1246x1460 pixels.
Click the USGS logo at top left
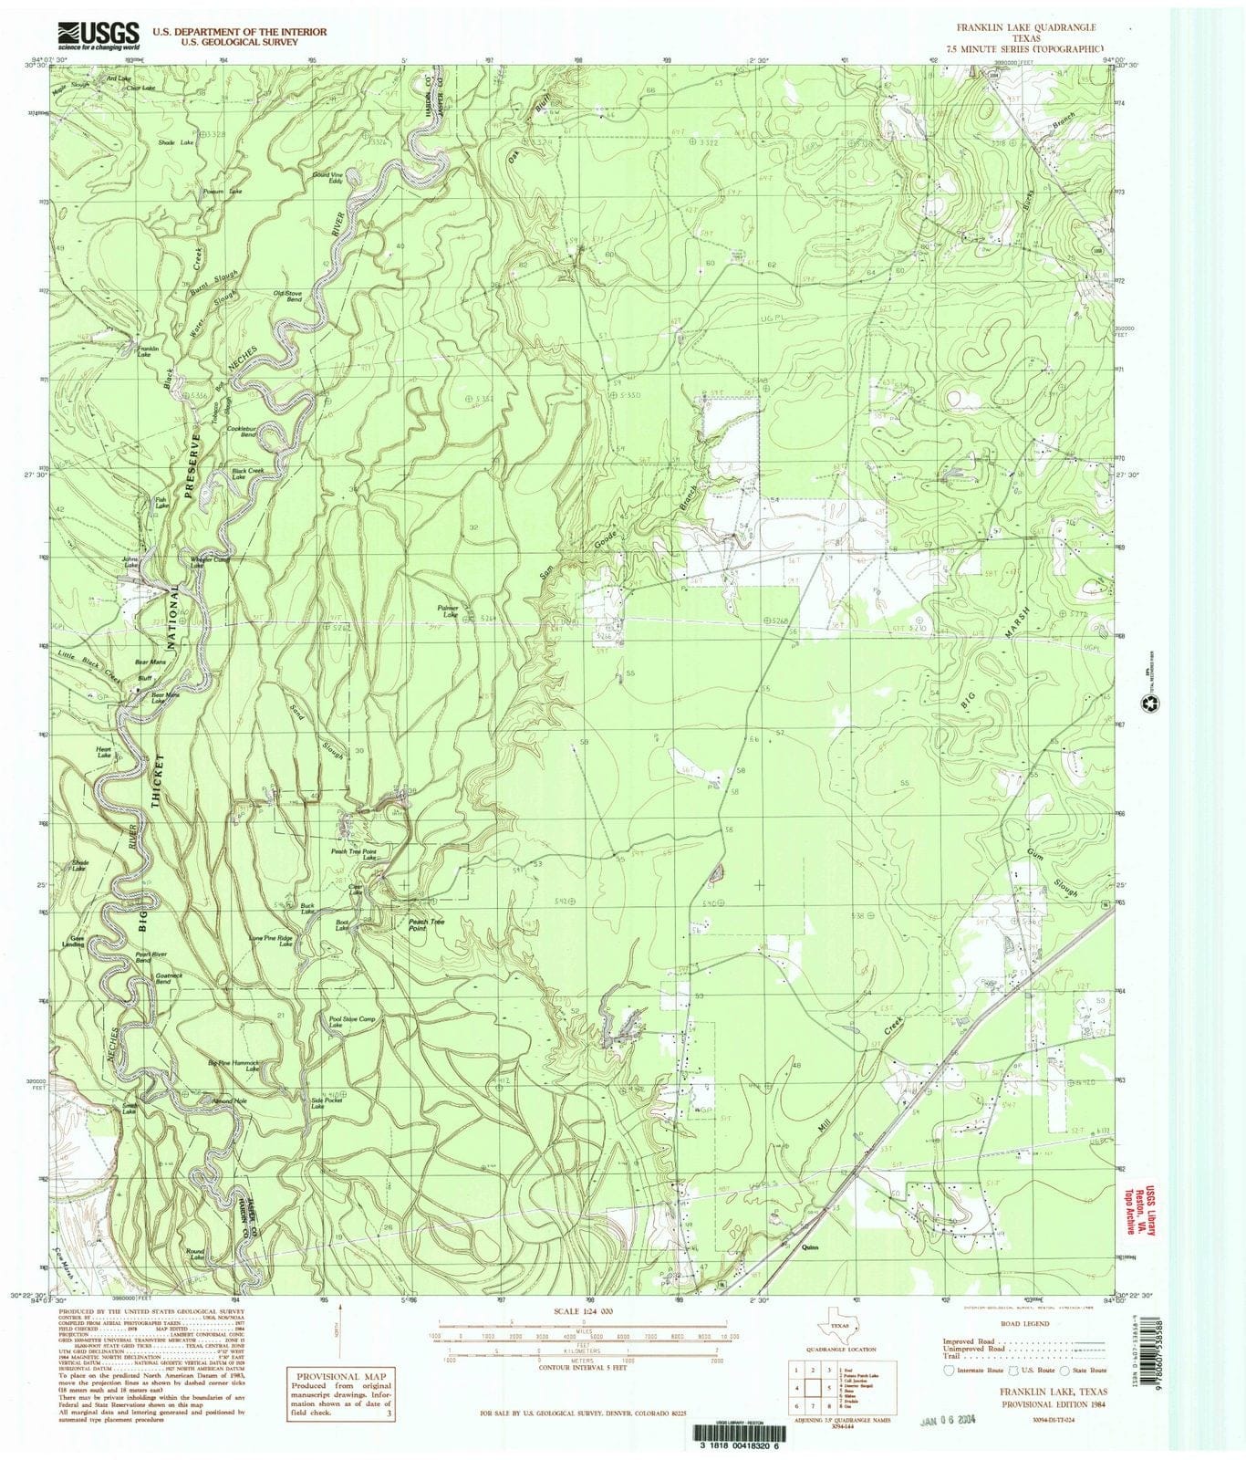click(99, 35)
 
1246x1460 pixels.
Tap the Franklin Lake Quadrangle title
click(1025, 28)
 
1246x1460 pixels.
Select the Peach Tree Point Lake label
click(353, 854)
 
